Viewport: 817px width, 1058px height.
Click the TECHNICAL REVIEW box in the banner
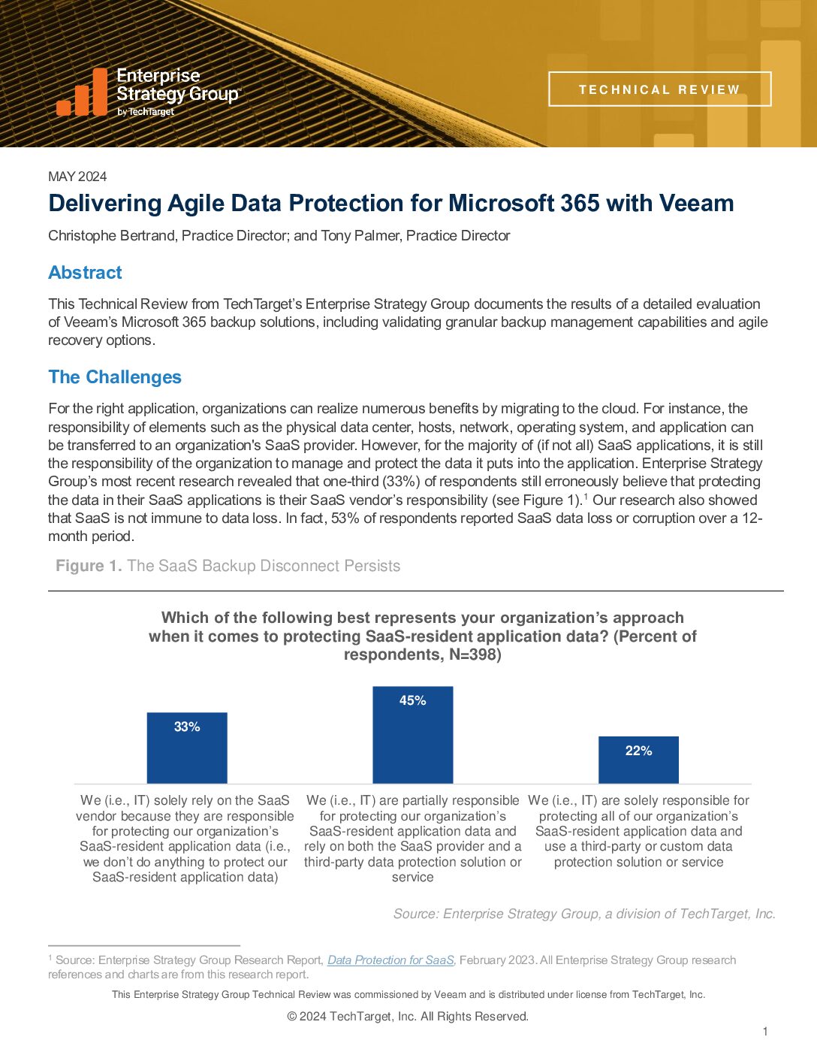tap(659, 89)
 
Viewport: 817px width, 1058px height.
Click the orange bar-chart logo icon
tap(83, 92)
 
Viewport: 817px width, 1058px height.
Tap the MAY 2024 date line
tap(77, 177)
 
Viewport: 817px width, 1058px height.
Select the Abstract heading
tap(85, 273)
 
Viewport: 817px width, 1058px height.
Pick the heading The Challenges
tap(115, 377)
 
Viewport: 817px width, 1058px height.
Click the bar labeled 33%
tap(187, 748)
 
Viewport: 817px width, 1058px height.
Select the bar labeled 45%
tap(413, 735)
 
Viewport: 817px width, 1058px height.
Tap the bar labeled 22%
tap(638, 760)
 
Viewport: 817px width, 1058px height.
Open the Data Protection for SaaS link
tap(390, 960)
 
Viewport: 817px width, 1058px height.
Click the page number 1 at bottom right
tap(765, 1032)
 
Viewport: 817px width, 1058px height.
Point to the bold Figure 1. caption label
tap(89, 566)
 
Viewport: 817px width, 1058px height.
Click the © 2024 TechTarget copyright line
tap(408, 1017)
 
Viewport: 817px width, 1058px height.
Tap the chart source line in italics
tap(584, 914)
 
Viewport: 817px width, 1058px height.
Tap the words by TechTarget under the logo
tap(146, 112)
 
